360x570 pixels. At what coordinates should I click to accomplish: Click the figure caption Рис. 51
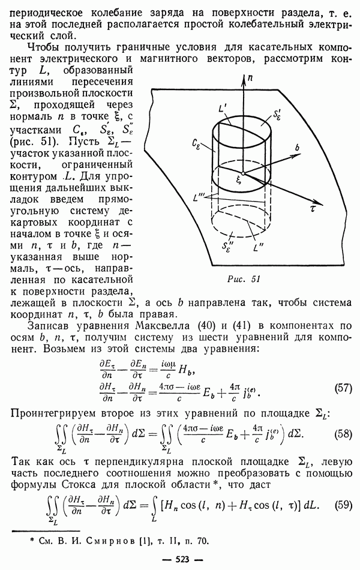pos(244,279)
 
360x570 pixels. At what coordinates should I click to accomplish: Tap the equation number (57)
pos(343,388)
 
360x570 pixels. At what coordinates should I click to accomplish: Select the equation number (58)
pos(343,434)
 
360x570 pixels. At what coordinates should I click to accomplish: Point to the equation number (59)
pos(343,505)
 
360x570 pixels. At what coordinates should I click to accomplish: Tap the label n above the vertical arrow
pos(250,77)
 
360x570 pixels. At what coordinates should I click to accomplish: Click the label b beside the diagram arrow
pos(297,147)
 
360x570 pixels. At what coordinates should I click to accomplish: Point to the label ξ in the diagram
pos(239,181)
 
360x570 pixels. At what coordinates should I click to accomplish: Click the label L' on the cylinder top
pos(223,108)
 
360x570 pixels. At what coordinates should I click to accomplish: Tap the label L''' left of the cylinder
pos(199,198)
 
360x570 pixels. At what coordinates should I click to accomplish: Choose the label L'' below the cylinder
pos(259,248)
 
